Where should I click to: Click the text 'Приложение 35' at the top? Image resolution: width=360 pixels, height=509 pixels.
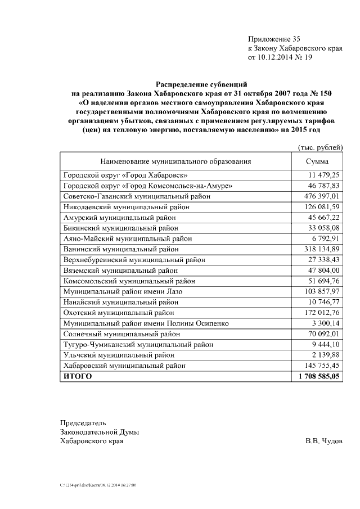(x=274, y=39)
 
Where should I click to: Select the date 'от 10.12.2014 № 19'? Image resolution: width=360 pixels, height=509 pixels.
(x=280, y=57)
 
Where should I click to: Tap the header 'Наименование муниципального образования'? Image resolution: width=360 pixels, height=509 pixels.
(x=176, y=161)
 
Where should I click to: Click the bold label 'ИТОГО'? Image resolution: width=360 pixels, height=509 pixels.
(x=78, y=376)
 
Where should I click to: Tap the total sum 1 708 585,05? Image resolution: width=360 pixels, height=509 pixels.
(x=319, y=376)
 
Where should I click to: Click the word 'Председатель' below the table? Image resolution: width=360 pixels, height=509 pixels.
(x=83, y=423)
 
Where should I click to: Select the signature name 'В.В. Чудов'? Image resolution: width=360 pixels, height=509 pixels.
(x=323, y=441)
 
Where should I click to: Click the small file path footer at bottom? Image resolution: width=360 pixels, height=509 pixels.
(x=98, y=485)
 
